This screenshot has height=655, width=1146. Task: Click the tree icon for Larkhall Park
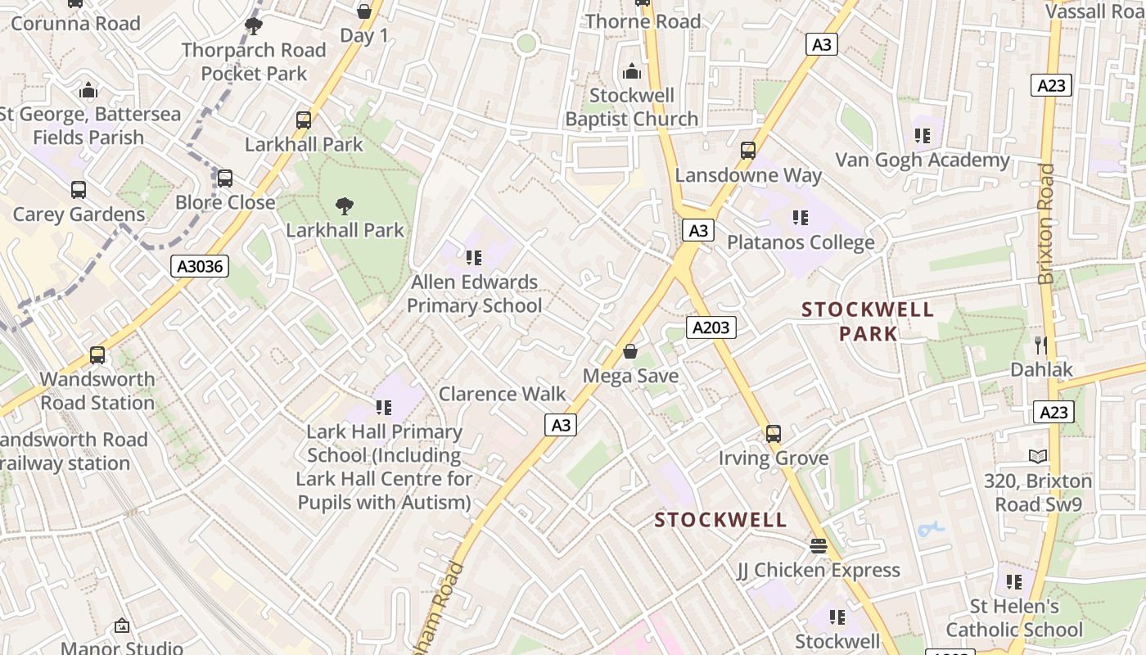pyautogui.click(x=345, y=206)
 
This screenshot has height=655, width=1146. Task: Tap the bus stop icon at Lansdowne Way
pyautogui.click(x=747, y=151)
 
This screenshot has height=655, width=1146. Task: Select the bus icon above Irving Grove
pyautogui.click(x=774, y=434)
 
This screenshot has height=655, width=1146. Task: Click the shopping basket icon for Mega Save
pyautogui.click(x=630, y=351)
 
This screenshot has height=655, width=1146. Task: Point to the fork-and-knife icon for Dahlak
pyautogui.click(x=1040, y=345)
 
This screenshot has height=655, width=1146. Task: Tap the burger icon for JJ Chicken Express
pyautogui.click(x=818, y=545)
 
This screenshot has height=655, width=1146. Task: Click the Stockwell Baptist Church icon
pyautogui.click(x=631, y=72)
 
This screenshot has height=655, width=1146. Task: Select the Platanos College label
pyautogui.click(x=801, y=242)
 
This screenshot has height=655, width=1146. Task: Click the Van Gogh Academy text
pyautogui.click(x=922, y=160)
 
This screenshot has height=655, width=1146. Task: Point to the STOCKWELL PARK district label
pyautogui.click(x=868, y=321)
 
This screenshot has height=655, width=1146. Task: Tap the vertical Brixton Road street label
pyautogui.click(x=1046, y=223)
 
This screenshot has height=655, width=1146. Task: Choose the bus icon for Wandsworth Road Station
pyautogui.click(x=97, y=355)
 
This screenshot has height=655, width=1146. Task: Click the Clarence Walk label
pyautogui.click(x=502, y=394)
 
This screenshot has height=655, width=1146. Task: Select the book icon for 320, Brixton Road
pyautogui.click(x=1038, y=456)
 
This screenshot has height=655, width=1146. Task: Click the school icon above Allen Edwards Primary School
pyautogui.click(x=473, y=258)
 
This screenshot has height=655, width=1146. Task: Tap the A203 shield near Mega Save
pyautogui.click(x=710, y=327)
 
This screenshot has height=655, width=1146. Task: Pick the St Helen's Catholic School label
pyautogui.click(x=1014, y=617)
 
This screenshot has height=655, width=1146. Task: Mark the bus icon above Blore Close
pyautogui.click(x=224, y=178)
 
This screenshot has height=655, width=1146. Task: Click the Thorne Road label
pyautogui.click(x=643, y=21)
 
